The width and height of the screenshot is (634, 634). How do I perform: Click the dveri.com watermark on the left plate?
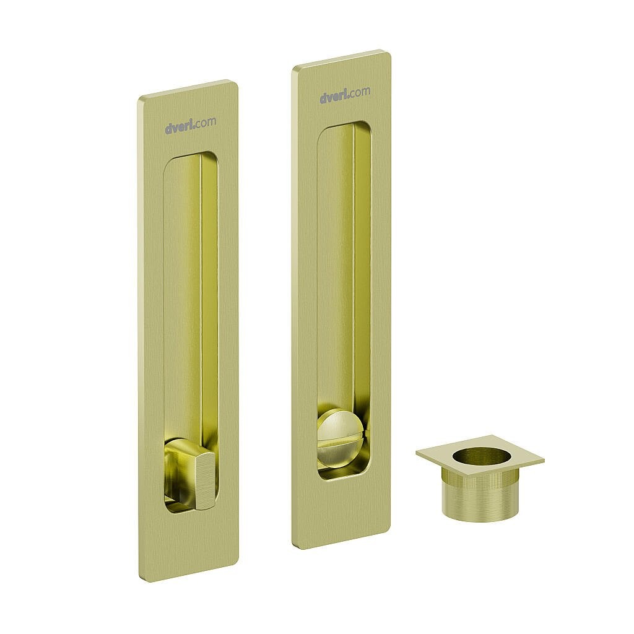(x=190, y=124)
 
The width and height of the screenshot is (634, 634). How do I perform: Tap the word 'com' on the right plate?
(x=359, y=92)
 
